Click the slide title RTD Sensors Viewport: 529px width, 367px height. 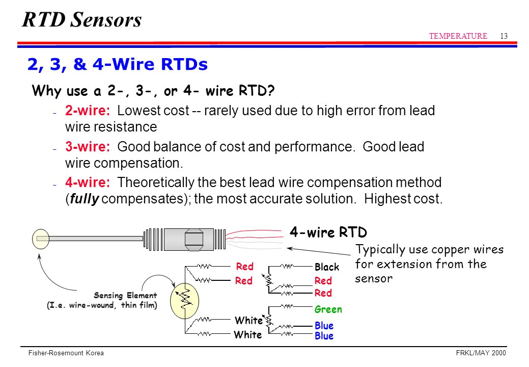click(82, 20)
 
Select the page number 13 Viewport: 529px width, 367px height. click(504, 36)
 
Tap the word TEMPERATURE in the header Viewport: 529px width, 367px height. click(458, 36)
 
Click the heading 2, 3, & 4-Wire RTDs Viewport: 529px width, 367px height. click(117, 65)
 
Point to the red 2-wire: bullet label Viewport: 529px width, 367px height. click(88, 111)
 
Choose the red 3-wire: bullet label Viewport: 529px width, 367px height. click(88, 147)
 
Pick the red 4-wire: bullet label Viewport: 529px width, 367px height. click(88, 182)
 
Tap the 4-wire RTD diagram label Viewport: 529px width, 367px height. click(328, 232)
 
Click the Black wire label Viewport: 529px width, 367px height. click(326, 267)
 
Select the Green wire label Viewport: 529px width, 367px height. click(328, 309)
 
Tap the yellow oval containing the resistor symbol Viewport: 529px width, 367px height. click(185, 300)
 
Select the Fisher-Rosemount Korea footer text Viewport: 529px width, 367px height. click(66, 353)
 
